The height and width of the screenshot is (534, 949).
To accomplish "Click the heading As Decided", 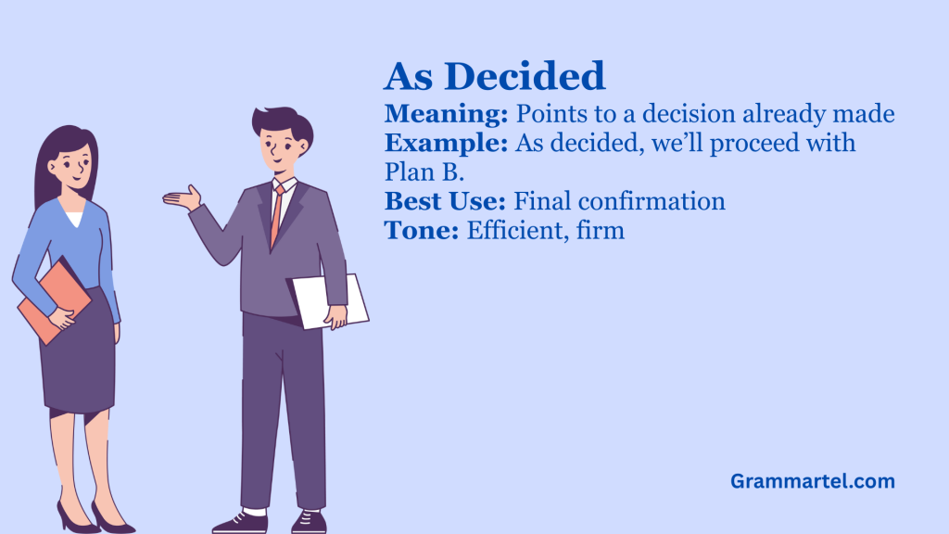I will [495, 76].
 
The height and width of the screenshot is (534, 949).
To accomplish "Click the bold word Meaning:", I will [447, 114].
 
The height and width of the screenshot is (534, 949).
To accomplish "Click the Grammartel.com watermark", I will [813, 481].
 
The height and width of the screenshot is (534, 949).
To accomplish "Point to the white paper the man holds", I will [326, 299].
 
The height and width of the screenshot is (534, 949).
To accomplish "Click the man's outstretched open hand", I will [182, 197].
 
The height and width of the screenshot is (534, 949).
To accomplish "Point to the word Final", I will [539, 201].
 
